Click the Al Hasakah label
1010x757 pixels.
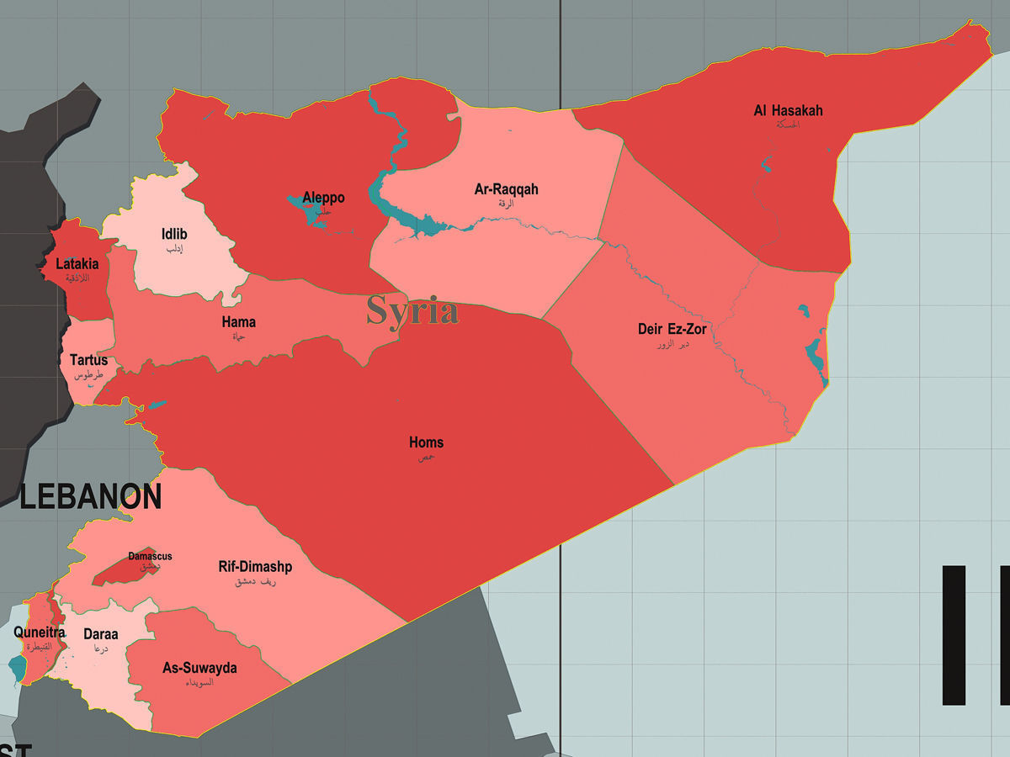(788, 110)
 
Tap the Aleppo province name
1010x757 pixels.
(323, 198)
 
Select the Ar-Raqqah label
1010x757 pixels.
(506, 189)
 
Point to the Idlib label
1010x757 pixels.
(174, 234)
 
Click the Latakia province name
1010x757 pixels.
(77, 264)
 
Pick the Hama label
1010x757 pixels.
(238, 322)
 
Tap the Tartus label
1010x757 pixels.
(88, 360)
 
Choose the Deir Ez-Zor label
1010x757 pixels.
(672, 329)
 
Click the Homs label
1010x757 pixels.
(426, 442)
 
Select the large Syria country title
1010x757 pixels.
(412, 311)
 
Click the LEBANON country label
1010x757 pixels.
(90, 497)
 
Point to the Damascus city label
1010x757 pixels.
(150, 556)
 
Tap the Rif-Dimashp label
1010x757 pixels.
(255, 567)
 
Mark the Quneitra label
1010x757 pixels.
(39, 633)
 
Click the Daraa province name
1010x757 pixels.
(100, 634)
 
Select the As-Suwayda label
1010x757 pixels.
(199, 669)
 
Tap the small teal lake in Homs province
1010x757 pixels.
(157, 405)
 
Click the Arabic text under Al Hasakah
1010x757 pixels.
(788, 124)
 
